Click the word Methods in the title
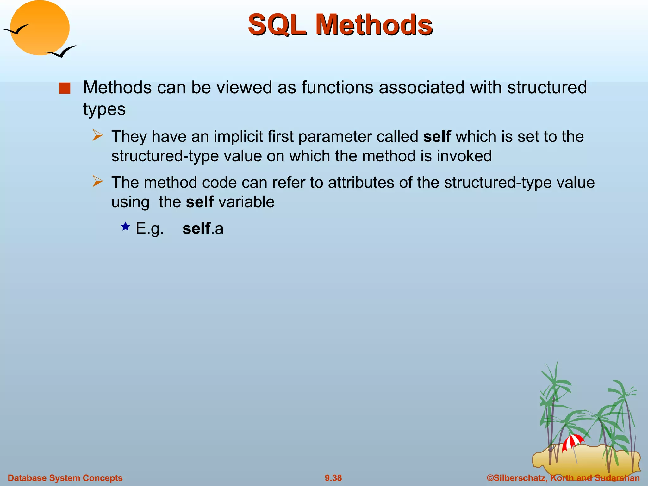pos(373,25)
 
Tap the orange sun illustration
pos(40,28)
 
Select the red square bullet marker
pos(65,88)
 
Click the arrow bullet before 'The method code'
pos(98,181)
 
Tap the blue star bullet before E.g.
pos(126,227)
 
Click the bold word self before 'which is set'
pos(437,137)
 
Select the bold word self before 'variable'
pos(200,202)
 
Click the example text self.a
pos(203,228)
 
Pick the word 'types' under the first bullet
pos(104,109)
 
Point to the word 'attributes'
pos(361,183)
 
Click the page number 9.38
pos(333,478)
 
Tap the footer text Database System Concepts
pos(65,478)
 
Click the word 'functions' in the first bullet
pos(337,88)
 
